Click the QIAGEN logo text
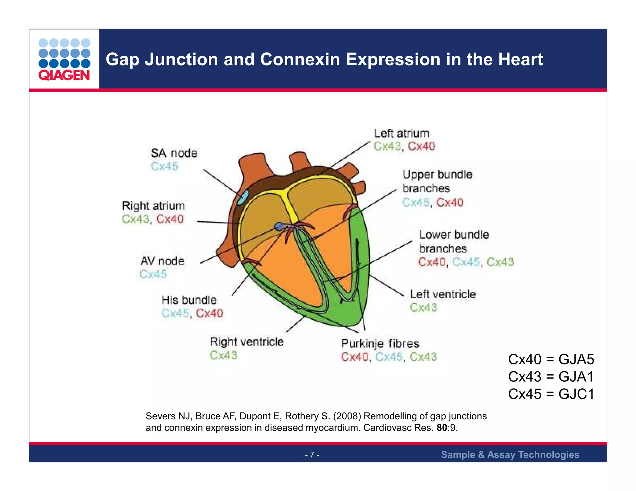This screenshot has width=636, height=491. tap(64, 75)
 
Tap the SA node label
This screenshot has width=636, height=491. tap(174, 153)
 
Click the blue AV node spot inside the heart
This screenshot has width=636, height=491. tap(279, 227)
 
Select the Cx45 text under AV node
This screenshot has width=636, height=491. tap(153, 274)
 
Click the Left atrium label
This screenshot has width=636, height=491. tap(401, 133)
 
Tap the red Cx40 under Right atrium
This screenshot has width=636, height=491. tap(170, 219)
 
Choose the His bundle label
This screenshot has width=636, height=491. tap(189, 300)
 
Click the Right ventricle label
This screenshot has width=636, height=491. tap(247, 342)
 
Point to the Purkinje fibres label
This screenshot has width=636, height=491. tap(380, 344)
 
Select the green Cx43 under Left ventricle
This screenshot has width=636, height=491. tap(423, 308)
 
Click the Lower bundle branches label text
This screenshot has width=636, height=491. tap(453, 241)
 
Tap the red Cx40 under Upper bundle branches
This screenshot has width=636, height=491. tap(450, 202)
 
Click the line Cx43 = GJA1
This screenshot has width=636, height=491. tap(551, 377)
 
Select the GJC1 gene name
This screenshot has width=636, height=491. tap(576, 394)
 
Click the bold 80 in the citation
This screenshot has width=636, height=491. tap(442, 428)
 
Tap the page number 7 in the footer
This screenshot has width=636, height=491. tap(312, 455)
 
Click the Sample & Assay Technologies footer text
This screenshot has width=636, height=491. tap(510, 455)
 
